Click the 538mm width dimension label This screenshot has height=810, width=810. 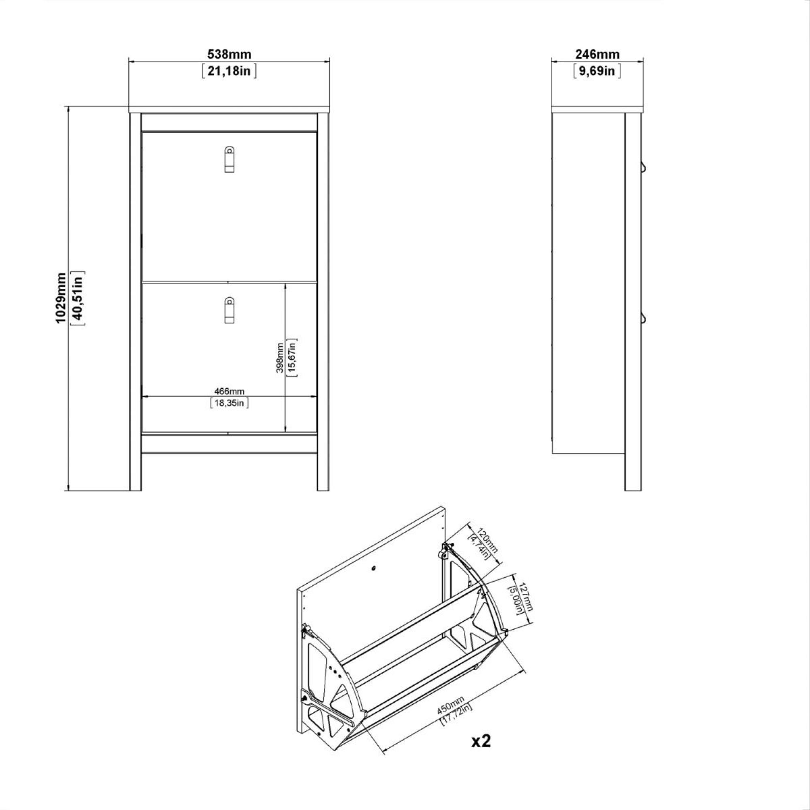point(229,54)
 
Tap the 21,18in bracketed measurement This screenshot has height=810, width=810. point(229,71)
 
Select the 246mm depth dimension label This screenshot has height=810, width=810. point(597,54)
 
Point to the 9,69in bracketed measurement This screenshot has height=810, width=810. point(597,71)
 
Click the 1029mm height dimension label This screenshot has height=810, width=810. point(61,298)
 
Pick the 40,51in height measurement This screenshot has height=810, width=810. point(78,298)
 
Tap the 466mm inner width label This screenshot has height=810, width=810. point(229,391)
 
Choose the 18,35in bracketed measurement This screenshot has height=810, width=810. point(229,403)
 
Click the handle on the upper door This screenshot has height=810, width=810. point(229,159)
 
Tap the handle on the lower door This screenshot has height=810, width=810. point(229,310)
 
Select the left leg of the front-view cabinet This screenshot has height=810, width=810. point(135,472)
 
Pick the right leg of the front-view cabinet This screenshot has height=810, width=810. point(323,472)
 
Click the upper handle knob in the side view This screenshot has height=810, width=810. point(643,167)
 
